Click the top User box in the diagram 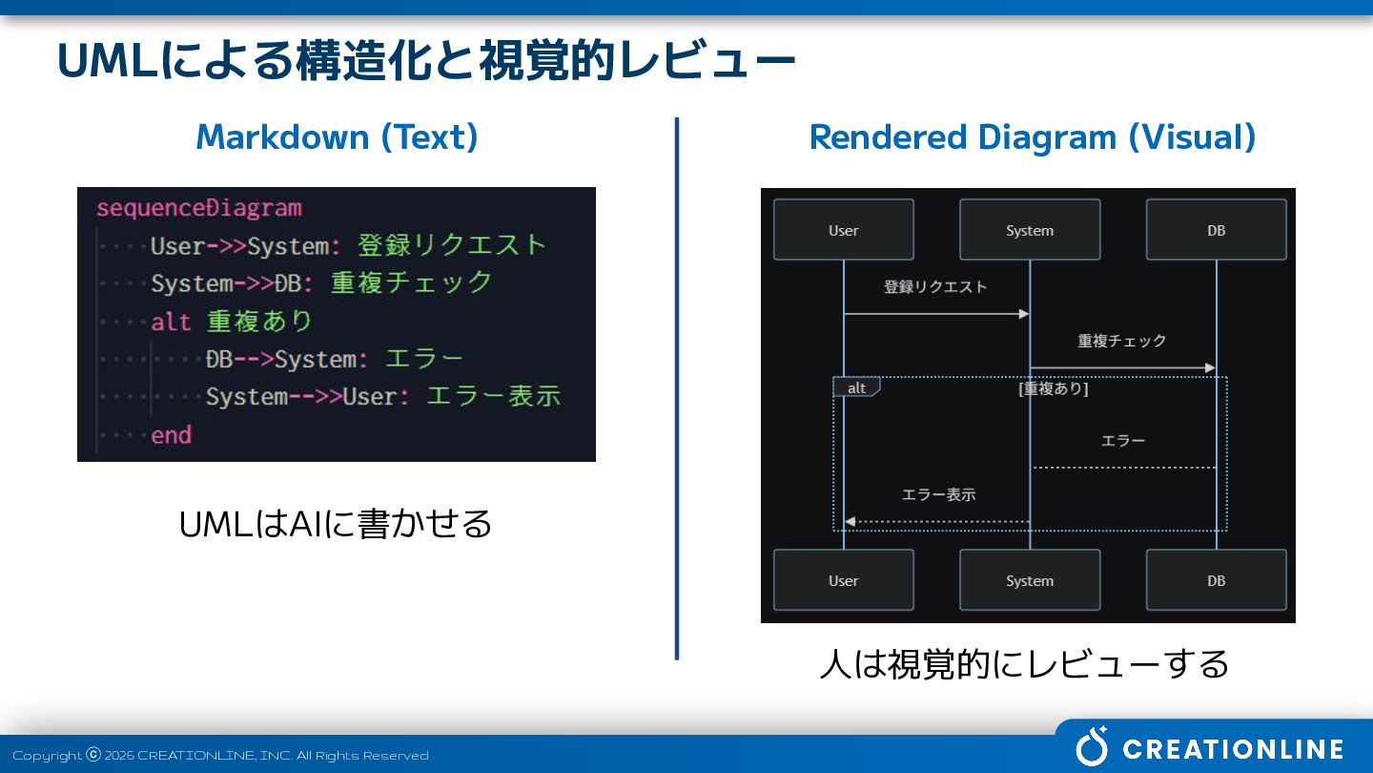(x=844, y=230)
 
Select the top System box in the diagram (x=1030, y=230)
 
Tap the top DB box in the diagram (x=1216, y=230)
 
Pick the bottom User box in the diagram (x=844, y=580)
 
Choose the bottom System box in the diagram (x=1030, y=580)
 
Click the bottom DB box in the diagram (x=1216, y=580)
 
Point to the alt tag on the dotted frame (x=856, y=387)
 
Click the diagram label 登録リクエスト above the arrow (x=935, y=286)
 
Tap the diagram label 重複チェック (x=1122, y=341)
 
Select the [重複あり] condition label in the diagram (x=1053, y=388)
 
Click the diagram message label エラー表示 (x=938, y=494)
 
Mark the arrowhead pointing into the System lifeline (x=1024, y=314)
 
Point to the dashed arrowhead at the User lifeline (x=850, y=522)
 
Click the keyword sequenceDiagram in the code (x=198, y=208)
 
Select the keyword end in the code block (x=172, y=435)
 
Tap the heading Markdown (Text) (x=337, y=137)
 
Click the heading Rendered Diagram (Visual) (x=1032, y=137)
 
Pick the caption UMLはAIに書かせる (x=336, y=524)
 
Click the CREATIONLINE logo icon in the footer (x=1092, y=747)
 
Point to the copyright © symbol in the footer (x=93, y=755)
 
